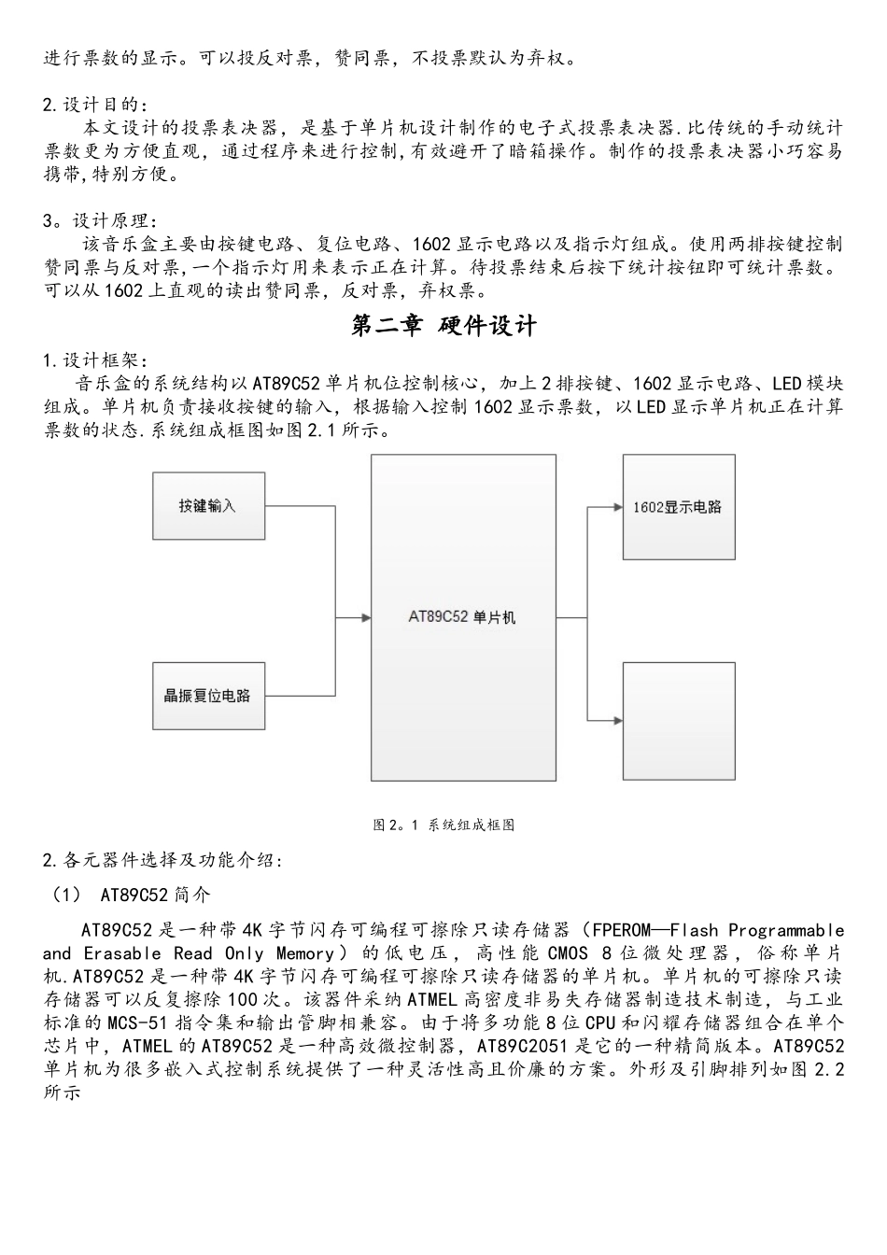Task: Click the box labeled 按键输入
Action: click(x=207, y=506)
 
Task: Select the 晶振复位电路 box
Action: click(x=207, y=696)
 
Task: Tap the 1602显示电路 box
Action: click(x=678, y=507)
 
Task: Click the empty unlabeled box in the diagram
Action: click(x=678, y=720)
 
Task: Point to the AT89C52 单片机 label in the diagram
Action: click(x=462, y=618)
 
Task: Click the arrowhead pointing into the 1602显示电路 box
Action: click(x=617, y=507)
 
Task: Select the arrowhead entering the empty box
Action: click(x=617, y=720)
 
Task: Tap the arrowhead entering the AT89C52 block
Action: click(x=365, y=617)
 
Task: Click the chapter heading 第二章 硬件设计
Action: click(x=443, y=326)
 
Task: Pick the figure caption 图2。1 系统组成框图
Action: click(x=443, y=825)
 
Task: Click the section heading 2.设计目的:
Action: click(x=94, y=105)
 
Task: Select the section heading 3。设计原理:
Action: click(x=94, y=221)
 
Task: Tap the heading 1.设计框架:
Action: click(x=94, y=360)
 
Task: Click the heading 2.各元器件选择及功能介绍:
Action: click(x=162, y=860)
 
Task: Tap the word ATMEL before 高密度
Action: click(x=432, y=999)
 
